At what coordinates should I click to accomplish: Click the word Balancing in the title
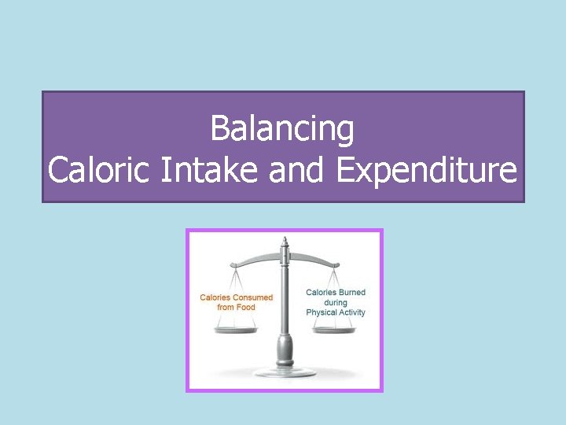[x=282, y=130]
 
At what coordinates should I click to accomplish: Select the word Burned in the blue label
[x=352, y=293]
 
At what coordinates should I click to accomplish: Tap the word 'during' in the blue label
[x=336, y=303]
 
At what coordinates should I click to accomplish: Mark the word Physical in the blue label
[x=322, y=312]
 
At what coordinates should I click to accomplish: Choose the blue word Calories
[x=322, y=293]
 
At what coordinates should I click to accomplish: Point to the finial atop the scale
[x=285, y=241]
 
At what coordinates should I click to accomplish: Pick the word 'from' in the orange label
[x=226, y=307]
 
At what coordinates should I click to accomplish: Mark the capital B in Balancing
[x=220, y=130]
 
